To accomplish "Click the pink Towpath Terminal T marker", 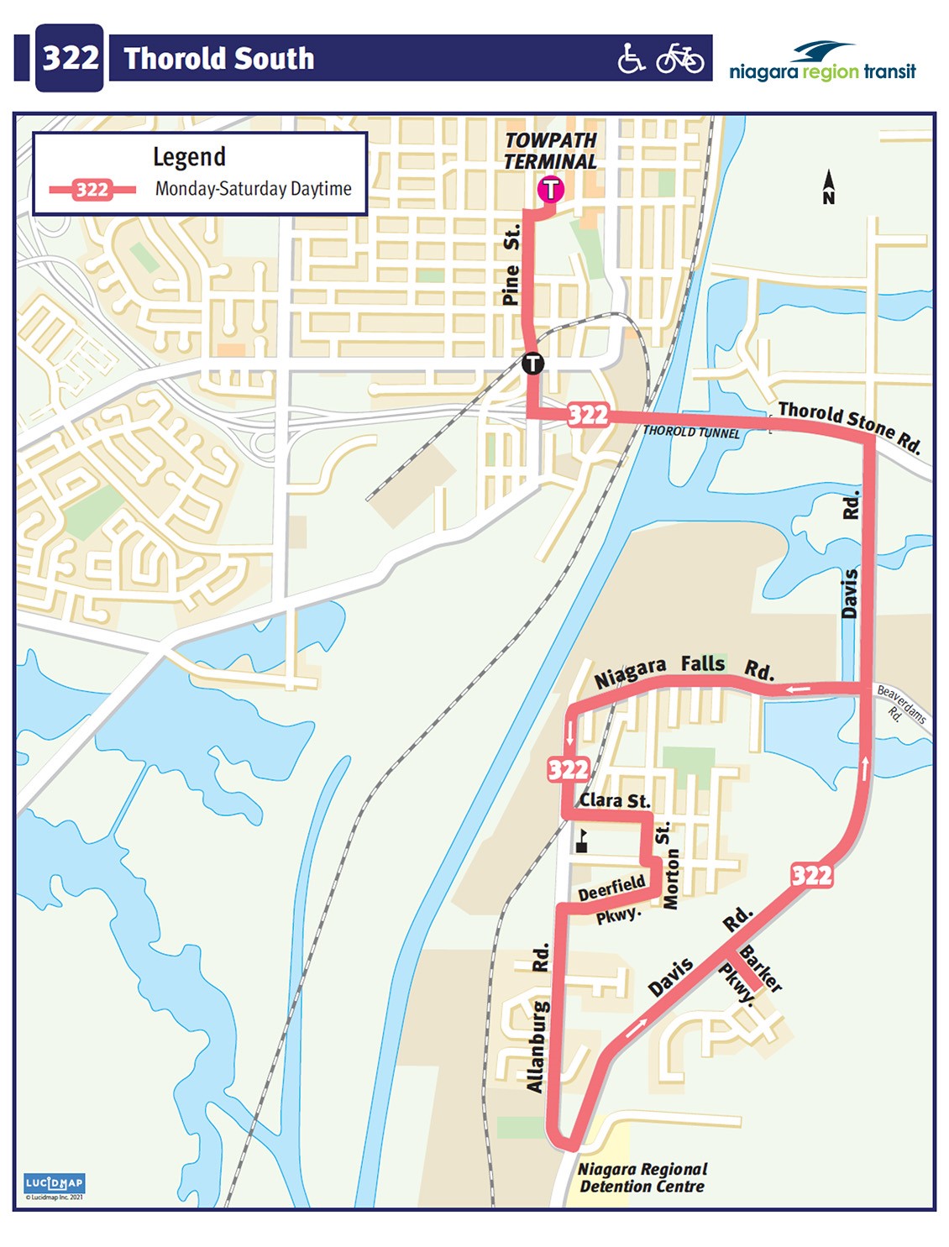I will click(550, 189).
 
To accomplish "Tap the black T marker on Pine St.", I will click(532, 364).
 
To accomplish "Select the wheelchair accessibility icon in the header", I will click(631, 59).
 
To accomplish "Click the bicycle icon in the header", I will click(679, 59).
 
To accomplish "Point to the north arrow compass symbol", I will click(829, 187).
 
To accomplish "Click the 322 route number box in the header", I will click(70, 58).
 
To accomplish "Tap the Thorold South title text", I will click(219, 59).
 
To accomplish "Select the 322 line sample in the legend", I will click(92, 189).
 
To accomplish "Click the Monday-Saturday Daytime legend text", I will click(253, 189).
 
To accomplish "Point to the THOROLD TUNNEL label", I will click(691, 432).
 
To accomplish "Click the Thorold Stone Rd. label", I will click(848, 425).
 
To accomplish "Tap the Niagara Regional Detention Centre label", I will click(642, 1177).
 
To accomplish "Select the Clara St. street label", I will click(615, 800).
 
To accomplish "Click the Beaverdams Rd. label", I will click(900, 705).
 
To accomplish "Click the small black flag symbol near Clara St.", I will click(581, 841).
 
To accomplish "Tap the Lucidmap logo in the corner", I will click(55, 1184).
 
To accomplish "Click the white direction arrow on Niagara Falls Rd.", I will click(798, 690).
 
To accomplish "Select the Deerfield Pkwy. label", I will click(613, 899).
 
